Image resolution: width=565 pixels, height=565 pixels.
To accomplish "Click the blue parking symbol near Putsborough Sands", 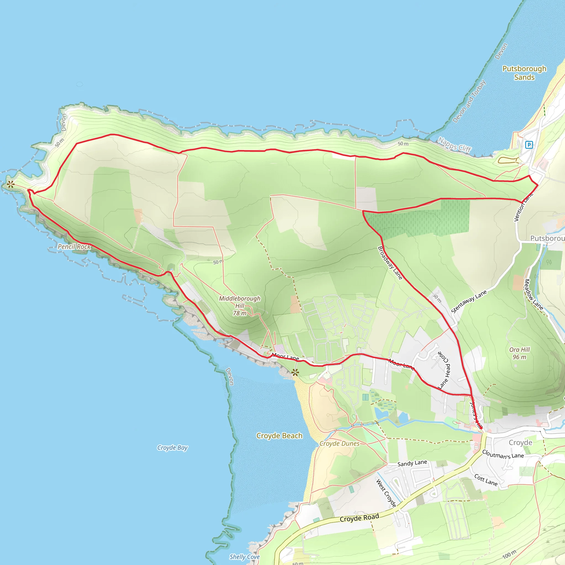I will tap(529, 145).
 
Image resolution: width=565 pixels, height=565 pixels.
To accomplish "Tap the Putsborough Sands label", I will tap(524, 73).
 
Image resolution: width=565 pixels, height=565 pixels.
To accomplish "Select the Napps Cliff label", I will tap(454, 145).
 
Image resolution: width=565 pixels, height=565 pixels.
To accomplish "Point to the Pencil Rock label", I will tap(74, 247).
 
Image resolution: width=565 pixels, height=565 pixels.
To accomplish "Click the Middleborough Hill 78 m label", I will tap(240, 306).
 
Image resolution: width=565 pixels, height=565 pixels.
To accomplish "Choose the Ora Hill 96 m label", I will tap(519, 353).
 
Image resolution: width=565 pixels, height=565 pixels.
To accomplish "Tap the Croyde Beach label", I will tap(279, 436).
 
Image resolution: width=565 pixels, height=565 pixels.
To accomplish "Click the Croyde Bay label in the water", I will tap(172, 448).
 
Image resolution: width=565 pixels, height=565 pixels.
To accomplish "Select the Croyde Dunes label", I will tap(340, 444).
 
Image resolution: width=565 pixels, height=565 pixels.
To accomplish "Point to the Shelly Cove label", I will tap(244, 557).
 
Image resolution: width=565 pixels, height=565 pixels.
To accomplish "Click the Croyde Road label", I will tap(359, 518).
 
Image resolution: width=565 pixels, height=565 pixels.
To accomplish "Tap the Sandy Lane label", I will tap(412, 463).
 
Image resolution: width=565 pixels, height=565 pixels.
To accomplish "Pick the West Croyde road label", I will tap(386, 493).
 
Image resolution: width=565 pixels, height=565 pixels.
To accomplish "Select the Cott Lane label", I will tap(486, 480).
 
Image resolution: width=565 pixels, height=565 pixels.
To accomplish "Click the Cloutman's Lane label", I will tap(503, 454).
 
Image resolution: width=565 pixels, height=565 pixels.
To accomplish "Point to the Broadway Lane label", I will tap(390, 263).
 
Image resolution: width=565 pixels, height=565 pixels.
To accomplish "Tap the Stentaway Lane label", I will tap(469, 302).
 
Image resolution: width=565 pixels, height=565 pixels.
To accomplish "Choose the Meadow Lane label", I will tap(534, 294).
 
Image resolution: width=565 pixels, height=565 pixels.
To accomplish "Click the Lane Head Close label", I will tap(444, 370).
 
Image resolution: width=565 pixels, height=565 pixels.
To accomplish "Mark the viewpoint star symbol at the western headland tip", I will tap(11, 184).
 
